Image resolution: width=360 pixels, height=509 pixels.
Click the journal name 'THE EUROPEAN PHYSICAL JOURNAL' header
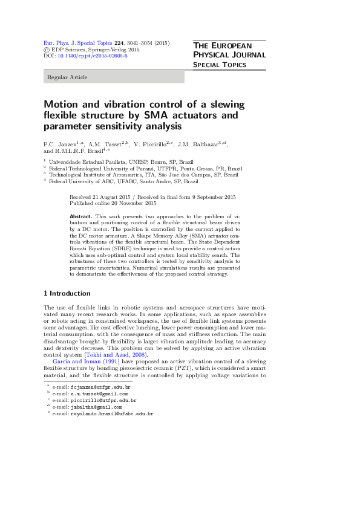coord(229,50)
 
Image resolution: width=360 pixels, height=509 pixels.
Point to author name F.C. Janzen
coord(61,145)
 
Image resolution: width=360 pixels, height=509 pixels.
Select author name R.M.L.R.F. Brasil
coord(77,152)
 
